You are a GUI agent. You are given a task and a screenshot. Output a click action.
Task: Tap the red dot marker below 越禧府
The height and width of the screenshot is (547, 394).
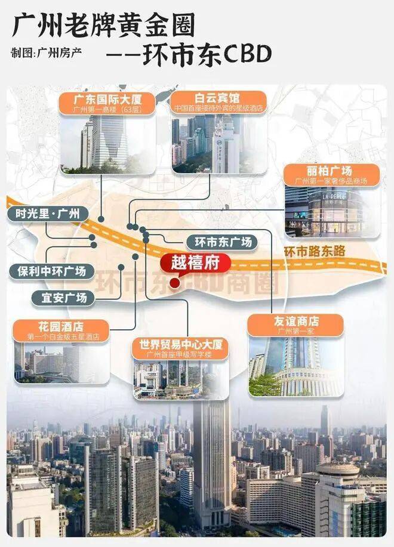point(174,283)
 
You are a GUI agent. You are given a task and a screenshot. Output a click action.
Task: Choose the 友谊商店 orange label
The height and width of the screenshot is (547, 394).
point(295,325)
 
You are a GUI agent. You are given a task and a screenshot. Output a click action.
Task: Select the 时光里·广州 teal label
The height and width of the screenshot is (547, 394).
point(47,214)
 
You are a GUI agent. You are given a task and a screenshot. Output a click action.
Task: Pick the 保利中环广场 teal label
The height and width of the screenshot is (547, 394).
point(51,271)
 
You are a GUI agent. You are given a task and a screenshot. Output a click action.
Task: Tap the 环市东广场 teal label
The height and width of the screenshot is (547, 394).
point(222,242)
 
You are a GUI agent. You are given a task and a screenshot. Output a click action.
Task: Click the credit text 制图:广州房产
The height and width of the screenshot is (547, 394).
point(45,52)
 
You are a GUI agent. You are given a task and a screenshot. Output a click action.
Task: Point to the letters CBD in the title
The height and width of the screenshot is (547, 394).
point(247,54)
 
